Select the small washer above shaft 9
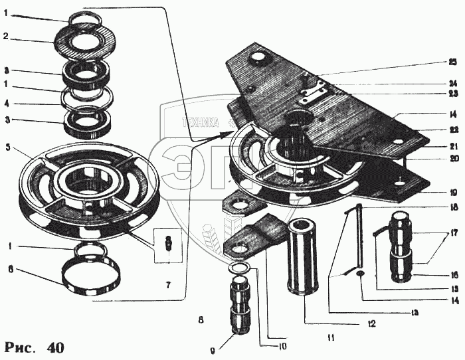click(x=239, y=268)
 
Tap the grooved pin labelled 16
click(x=403, y=246)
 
